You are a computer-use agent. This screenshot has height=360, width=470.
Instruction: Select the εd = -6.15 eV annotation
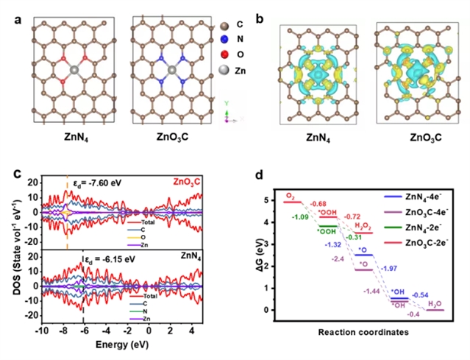coord(108,259)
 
